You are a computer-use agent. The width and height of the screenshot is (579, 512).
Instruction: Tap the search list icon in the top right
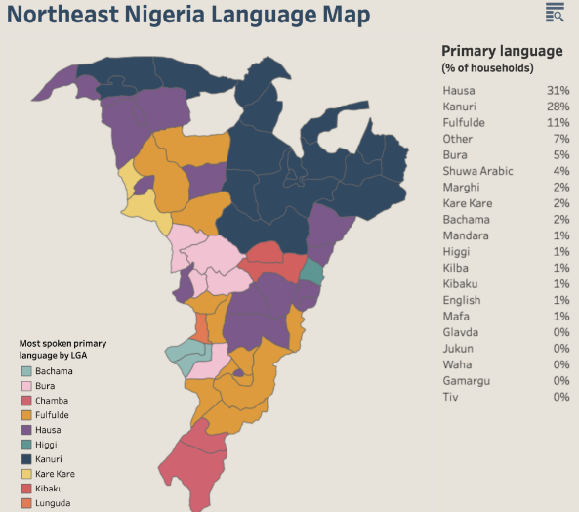click(x=555, y=12)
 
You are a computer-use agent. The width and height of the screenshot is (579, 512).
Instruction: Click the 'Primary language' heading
click(x=502, y=51)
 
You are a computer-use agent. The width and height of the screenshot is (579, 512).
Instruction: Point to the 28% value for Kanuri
click(x=558, y=107)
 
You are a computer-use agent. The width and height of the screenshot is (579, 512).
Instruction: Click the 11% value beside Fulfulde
click(x=558, y=123)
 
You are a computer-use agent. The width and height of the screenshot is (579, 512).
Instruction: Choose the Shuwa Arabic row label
click(x=476, y=171)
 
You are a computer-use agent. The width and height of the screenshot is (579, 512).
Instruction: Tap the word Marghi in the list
click(x=460, y=188)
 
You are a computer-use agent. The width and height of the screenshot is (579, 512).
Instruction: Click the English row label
click(x=461, y=300)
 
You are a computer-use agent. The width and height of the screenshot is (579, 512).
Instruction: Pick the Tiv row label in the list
click(x=449, y=397)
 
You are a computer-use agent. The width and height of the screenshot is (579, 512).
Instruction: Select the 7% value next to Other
click(x=561, y=139)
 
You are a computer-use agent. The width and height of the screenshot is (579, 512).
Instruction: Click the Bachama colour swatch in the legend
click(x=26, y=371)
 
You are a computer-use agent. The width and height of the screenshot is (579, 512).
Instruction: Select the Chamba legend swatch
click(x=26, y=401)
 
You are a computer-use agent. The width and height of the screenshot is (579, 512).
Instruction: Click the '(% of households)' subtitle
click(x=487, y=68)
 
